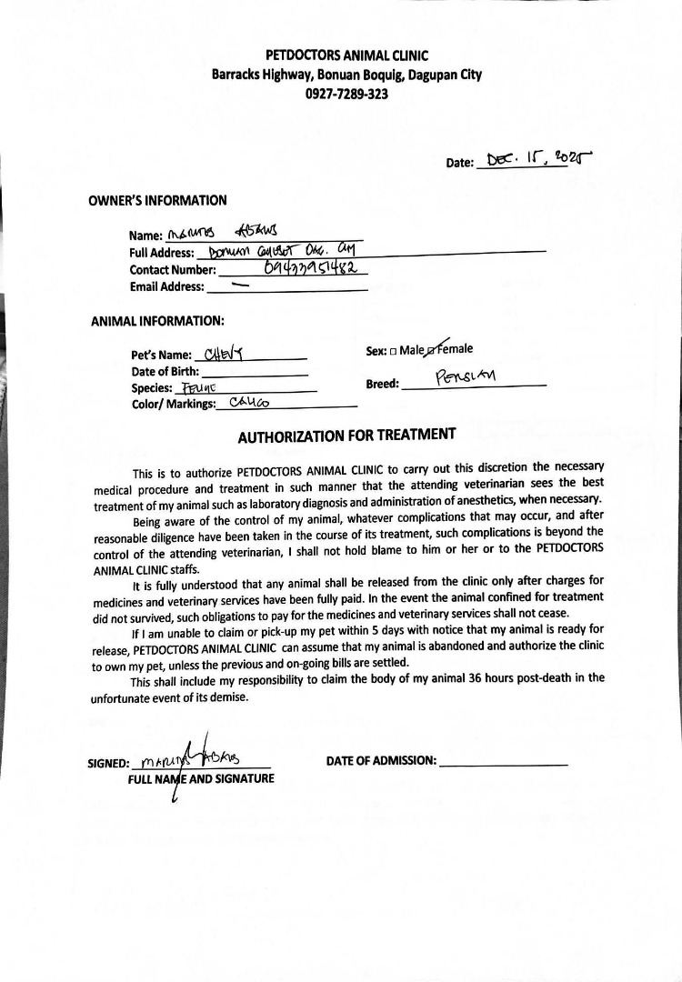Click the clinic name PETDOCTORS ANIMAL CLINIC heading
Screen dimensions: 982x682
point(346,56)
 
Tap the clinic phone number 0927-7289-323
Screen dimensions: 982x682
point(346,94)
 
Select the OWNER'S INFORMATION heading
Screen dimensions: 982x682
point(157,201)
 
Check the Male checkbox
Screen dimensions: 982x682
point(393,351)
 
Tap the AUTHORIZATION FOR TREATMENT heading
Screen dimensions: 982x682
point(346,436)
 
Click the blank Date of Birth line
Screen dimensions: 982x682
point(255,373)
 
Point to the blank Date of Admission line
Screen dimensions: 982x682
point(504,763)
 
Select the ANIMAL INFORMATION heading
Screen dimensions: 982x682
point(157,321)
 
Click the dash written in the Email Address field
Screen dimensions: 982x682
point(240,285)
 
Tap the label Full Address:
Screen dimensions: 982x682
point(162,254)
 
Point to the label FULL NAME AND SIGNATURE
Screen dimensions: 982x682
point(201,779)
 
